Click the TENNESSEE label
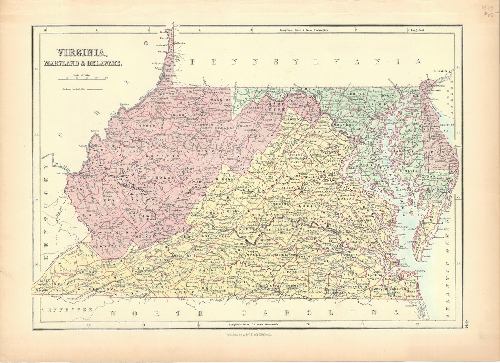67,310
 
